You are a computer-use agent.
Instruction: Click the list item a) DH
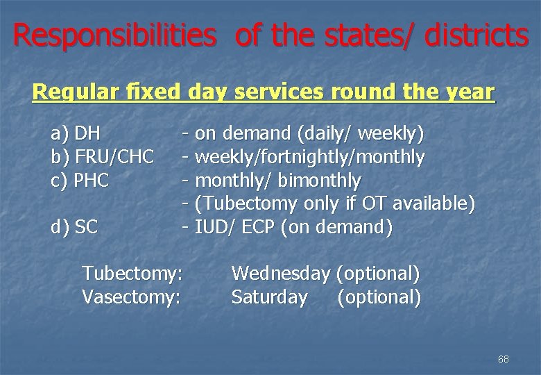[76, 133]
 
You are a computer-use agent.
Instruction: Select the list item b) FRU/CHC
[103, 158]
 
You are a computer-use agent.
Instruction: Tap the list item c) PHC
[80, 181]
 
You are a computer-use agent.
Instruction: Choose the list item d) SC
[75, 226]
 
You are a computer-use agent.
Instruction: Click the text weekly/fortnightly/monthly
[310, 158]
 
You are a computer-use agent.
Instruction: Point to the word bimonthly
[319, 181]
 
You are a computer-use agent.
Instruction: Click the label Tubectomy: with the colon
[132, 274]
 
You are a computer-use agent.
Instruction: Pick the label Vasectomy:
[131, 297]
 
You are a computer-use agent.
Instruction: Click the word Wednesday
[280, 274]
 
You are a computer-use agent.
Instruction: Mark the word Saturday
[269, 297]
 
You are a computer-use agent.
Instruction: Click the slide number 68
[504, 359]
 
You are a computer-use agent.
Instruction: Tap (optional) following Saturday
[379, 297]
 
